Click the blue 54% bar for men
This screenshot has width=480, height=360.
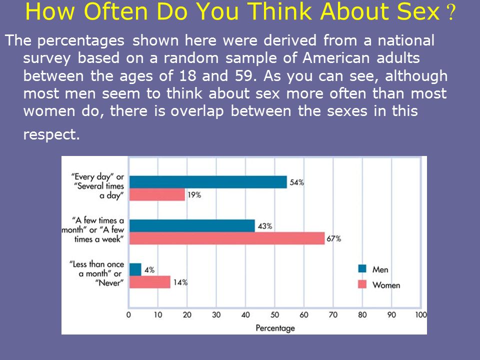click(208, 182)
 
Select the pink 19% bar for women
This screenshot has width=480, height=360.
click(157, 194)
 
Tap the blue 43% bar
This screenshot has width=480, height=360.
click(192, 226)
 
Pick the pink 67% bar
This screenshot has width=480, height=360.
click(227, 238)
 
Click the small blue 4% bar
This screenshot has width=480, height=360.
click(135, 269)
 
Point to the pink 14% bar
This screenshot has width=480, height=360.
click(149, 282)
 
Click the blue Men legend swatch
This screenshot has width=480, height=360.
click(362, 268)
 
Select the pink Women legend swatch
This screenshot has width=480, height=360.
click(362, 284)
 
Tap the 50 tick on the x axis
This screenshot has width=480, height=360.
click(274, 314)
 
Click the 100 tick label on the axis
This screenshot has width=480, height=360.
click(421, 314)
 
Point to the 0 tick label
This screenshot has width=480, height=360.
click(128, 314)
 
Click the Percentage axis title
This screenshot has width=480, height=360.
click(275, 328)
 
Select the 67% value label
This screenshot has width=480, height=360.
click(333, 238)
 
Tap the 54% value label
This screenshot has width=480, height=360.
click(297, 182)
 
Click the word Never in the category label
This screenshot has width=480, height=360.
click(109, 283)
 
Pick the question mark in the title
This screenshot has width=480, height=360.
click(450, 12)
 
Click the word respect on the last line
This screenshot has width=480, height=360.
click(51, 134)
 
